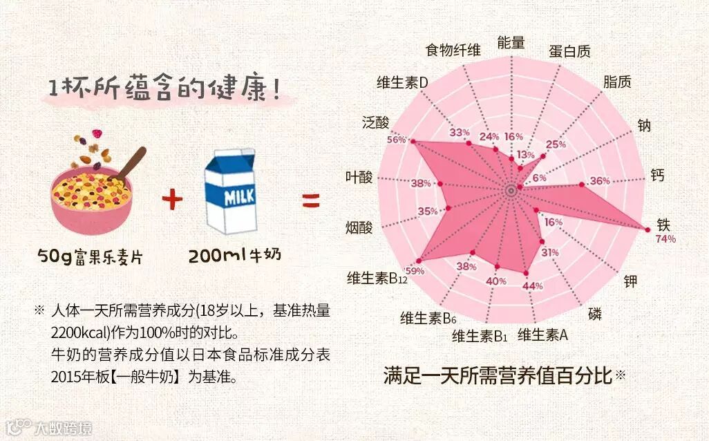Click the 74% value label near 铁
pyautogui.click(x=666, y=239)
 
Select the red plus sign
pyautogui.click(x=172, y=201)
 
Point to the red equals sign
pyautogui.click(x=311, y=201)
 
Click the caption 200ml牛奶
pyautogui.click(x=235, y=256)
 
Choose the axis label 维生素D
pyautogui.click(x=403, y=82)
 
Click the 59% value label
pyautogui.click(x=415, y=270)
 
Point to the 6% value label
pyautogui.click(x=539, y=178)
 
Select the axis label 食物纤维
pyautogui.click(x=453, y=50)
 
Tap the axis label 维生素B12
pyautogui.click(x=377, y=279)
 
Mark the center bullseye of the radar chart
pyautogui.click(x=511, y=189)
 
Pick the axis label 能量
pyautogui.click(x=511, y=42)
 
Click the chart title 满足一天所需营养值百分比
pyautogui.click(x=498, y=377)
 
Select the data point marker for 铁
pyautogui.click(x=647, y=229)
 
